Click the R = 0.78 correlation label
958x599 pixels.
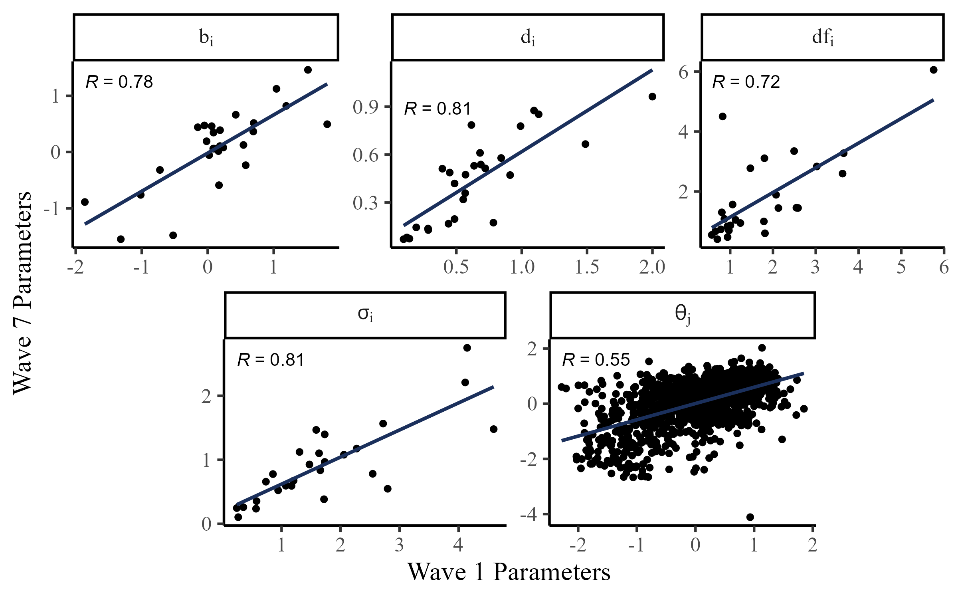tap(119, 82)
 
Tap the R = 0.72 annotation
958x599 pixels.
tap(746, 82)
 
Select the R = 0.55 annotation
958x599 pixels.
tap(596, 360)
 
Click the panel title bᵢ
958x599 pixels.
tap(206, 38)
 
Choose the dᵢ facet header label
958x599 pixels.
tap(528, 38)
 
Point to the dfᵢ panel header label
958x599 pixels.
tap(823, 38)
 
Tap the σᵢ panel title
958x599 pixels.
tap(365, 315)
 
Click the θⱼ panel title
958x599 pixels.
tap(683, 315)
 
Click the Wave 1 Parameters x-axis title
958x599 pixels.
tap(509, 572)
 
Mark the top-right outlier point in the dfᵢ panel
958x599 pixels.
tap(933, 70)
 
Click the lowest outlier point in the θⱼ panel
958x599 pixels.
tap(750, 517)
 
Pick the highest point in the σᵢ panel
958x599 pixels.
tap(467, 348)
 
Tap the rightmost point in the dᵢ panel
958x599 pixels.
tap(652, 97)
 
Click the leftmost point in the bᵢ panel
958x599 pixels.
tap(85, 202)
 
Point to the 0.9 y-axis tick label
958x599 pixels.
tap(366, 107)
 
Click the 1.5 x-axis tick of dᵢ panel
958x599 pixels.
tap(587, 267)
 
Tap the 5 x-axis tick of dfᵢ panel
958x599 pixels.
tap(901, 267)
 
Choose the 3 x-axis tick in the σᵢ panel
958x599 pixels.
tap(399, 545)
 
